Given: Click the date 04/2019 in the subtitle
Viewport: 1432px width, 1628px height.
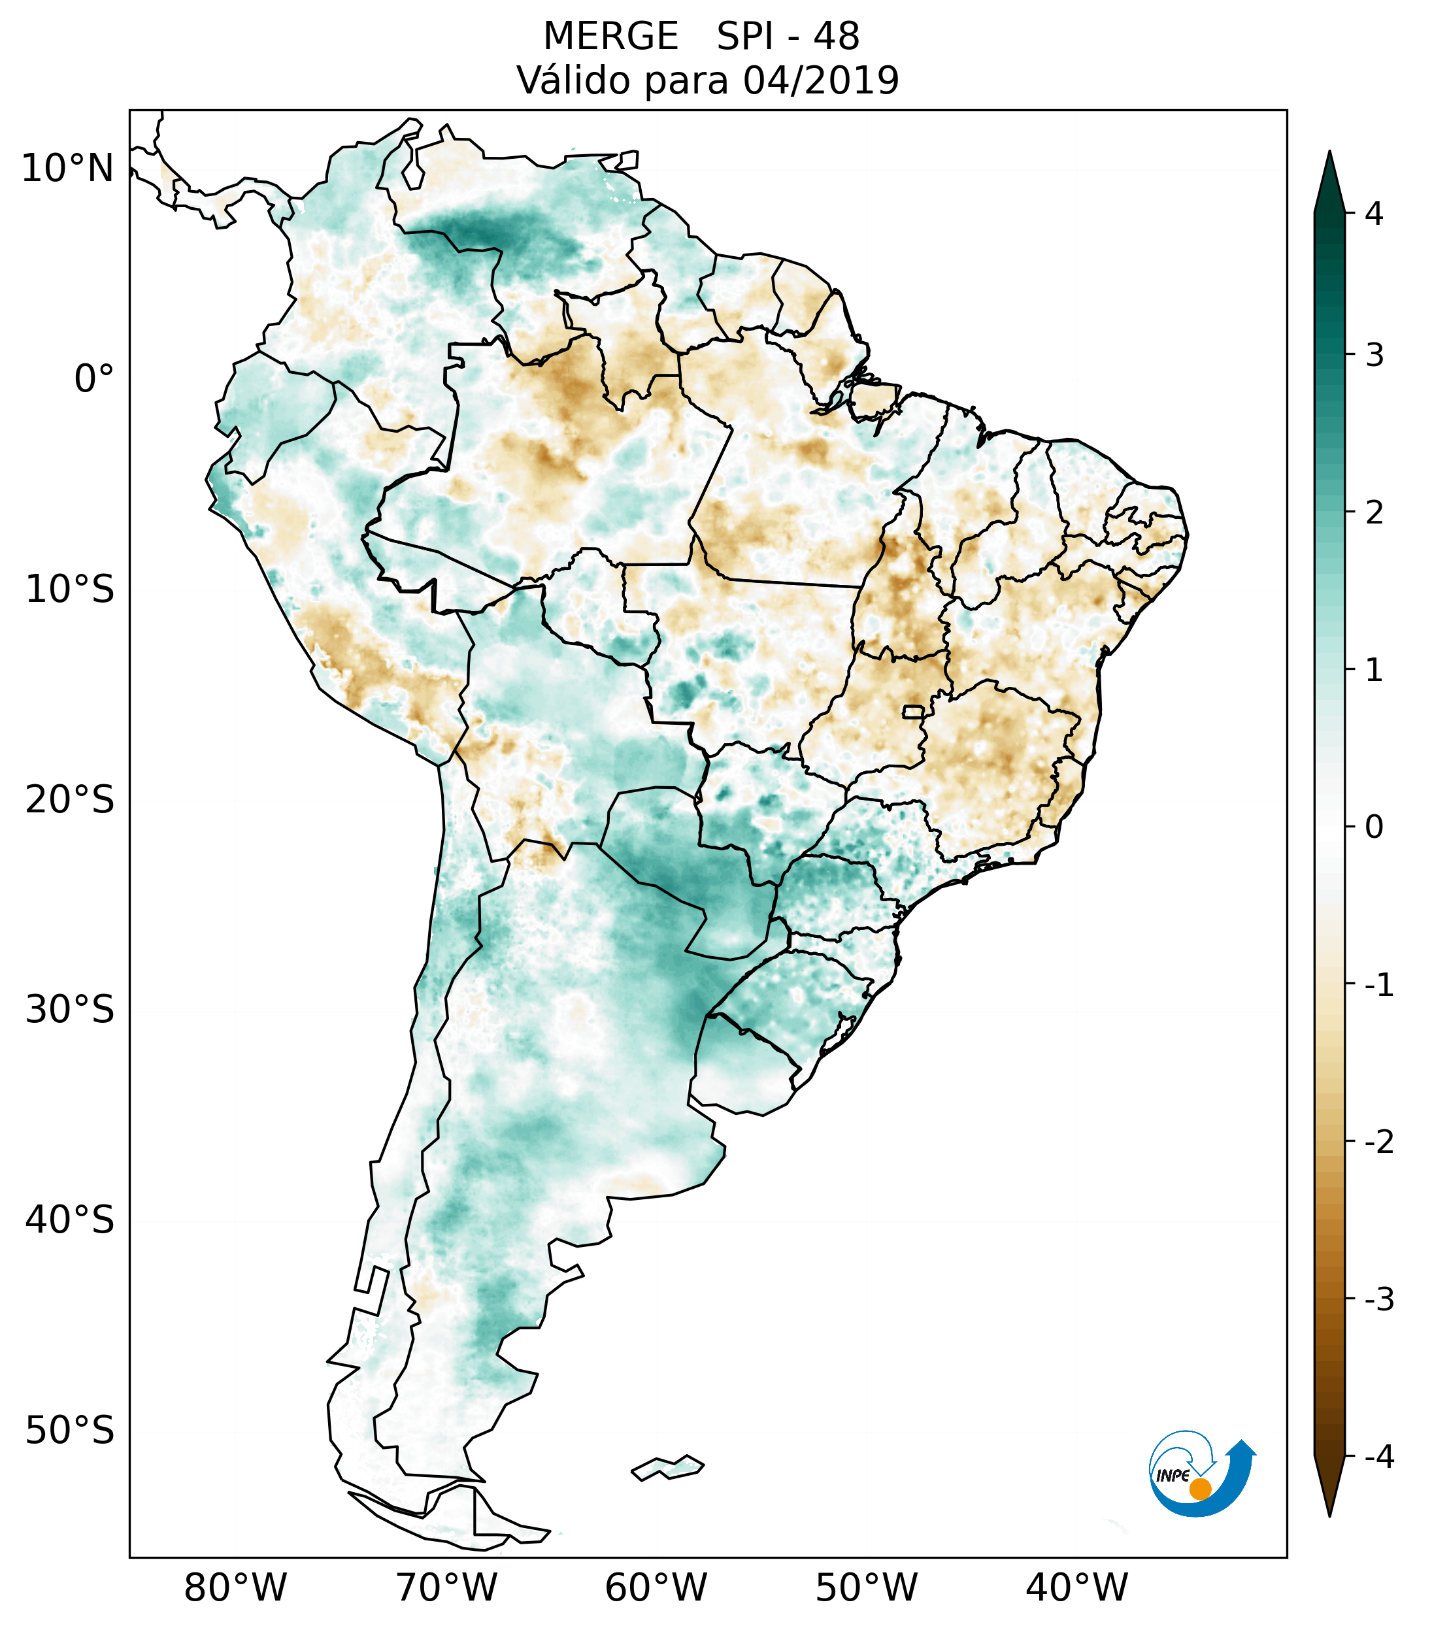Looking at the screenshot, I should click(820, 80).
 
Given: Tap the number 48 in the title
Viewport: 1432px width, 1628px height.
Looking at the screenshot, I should click(837, 37).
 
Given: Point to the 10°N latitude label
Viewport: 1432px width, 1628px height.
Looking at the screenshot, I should click(68, 169).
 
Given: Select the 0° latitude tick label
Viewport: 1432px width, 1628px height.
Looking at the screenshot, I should click(94, 379).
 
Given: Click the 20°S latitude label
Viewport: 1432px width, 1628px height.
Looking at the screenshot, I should click(70, 800).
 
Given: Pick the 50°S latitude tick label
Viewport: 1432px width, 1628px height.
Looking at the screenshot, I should click(70, 1431).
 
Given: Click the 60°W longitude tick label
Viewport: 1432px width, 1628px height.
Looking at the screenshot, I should click(656, 1587).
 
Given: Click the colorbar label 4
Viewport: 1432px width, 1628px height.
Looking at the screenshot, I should click(1374, 214).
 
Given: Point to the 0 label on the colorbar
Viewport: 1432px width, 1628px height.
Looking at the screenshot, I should click(1374, 827).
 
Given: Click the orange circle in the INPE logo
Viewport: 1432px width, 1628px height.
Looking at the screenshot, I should click(1200, 1489).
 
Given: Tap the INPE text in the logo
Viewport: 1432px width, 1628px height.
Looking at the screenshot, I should click(1173, 1476).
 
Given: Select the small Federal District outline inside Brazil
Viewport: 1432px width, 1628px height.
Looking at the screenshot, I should click(914, 710).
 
